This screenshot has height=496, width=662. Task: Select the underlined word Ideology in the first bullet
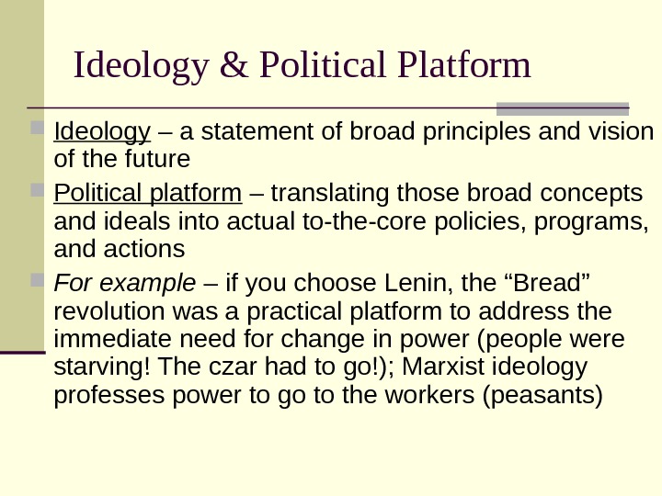(102, 135)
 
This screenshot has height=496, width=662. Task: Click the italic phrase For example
(125, 280)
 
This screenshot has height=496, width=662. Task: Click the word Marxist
(435, 369)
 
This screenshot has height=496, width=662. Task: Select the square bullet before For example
(37, 279)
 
